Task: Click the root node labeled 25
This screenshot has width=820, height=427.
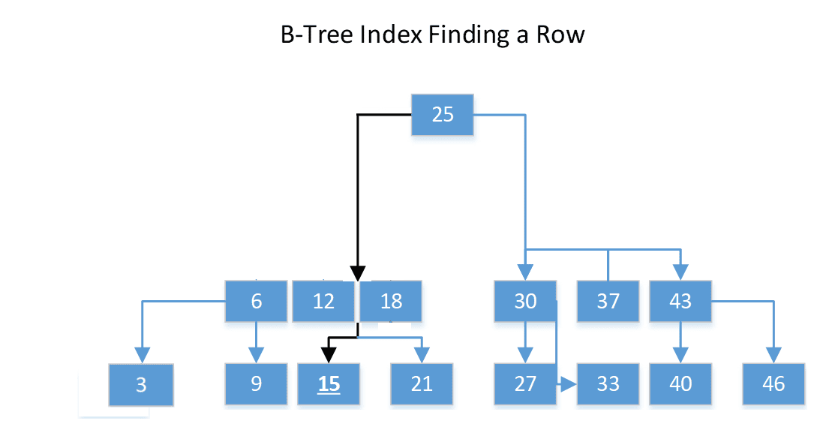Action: click(x=443, y=115)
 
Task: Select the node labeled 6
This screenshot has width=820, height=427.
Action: click(x=257, y=301)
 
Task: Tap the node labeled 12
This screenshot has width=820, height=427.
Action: click(x=323, y=301)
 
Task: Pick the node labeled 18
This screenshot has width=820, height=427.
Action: click(x=391, y=301)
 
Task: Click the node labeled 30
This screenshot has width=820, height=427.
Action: click(x=525, y=301)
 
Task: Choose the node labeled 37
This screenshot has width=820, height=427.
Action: click(x=608, y=301)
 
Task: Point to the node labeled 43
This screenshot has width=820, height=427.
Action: click(x=680, y=301)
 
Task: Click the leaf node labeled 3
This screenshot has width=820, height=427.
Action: click(x=141, y=385)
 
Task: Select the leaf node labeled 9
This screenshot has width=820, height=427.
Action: click(x=257, y=383)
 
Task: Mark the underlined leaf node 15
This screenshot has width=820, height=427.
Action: click(x=329, y=383)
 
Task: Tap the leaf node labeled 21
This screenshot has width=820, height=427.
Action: click(x=422, y=383)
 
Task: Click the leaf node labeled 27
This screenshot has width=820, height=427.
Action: click(x=525, y=383)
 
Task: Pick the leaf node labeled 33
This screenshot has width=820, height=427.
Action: click(x=608, y=383)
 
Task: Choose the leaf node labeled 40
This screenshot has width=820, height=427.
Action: click(x=680, y=383)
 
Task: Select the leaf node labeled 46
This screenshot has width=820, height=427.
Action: click(x=773, y=383)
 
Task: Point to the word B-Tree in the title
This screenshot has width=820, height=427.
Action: click(x=308, y=35)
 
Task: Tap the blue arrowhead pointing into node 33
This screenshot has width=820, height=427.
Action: click(x=568, y=384)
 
